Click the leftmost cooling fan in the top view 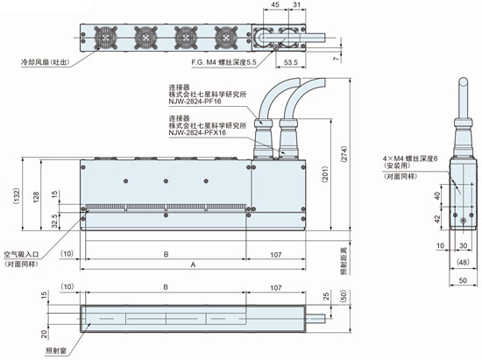[106, 38]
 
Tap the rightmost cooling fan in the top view [226, 38]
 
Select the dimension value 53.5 [291, 62]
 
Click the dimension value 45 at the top [276, 4]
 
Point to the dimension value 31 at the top [296, 4]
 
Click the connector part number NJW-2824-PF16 [195, 102]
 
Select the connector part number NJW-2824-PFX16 [197, 132]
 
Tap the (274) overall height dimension [344, 154]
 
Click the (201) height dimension [325, 175]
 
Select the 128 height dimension [36, 197]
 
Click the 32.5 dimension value [54, 221]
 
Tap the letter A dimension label [193, 265]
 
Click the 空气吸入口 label [21, 255]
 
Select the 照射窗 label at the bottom [56, 350]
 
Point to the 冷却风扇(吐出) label [45, 62]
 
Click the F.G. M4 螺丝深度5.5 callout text [223, 62]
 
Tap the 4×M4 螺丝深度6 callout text [410, 159]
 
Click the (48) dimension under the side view [463, 262]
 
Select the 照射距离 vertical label [344, 260]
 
